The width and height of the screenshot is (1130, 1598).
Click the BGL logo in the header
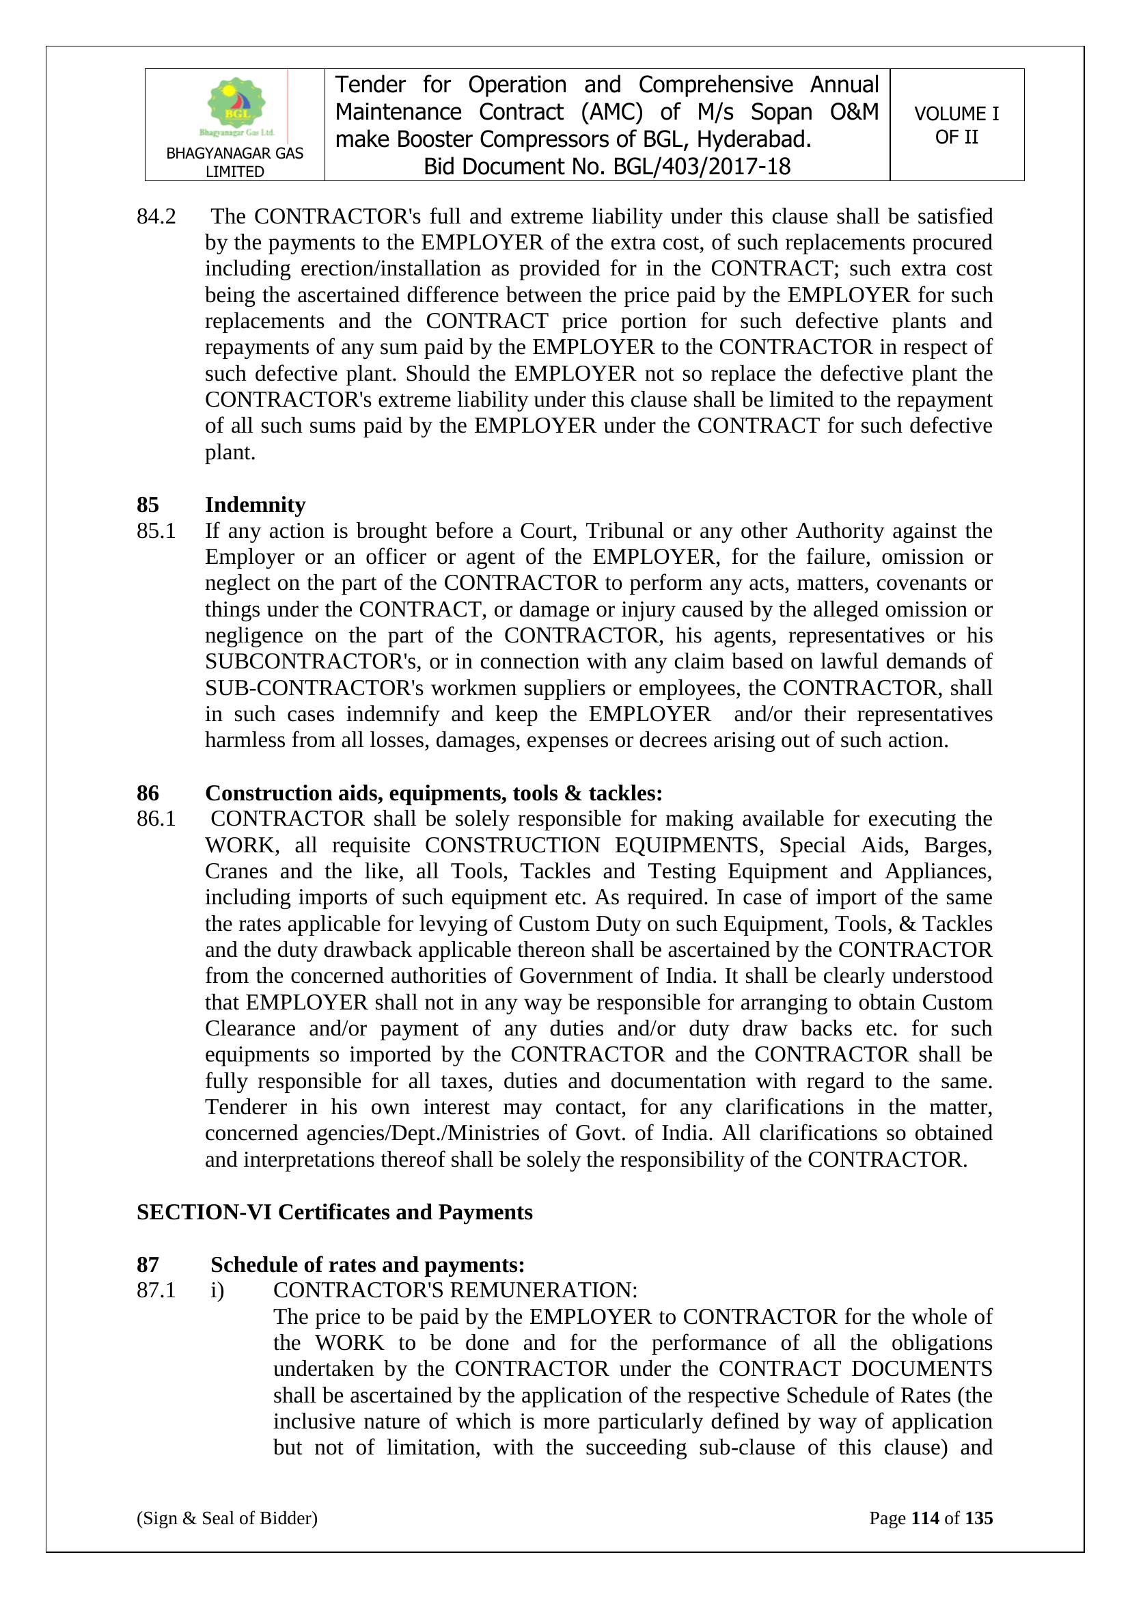click(x=236, y=107)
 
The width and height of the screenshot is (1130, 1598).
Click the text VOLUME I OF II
click(x=956, y=125)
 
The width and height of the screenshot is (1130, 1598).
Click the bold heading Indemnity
click(x=255, y=504)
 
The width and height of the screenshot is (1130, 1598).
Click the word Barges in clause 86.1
click(x=957, y=845)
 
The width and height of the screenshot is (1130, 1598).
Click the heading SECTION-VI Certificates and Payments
click(x=334, y=1212)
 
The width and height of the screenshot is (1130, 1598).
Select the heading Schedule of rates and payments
click(x=368, y=1264)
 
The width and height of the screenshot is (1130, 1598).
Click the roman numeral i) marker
click(x=217, y=1290)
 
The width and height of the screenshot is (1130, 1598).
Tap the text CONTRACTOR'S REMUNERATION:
click(x=455, y=1290)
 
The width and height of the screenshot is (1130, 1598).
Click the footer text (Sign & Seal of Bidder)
click(x=227, y=1518)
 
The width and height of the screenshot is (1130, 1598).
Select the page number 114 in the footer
click(x=925, y=1518)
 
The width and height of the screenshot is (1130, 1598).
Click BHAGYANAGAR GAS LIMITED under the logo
click(x=234, y=162)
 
